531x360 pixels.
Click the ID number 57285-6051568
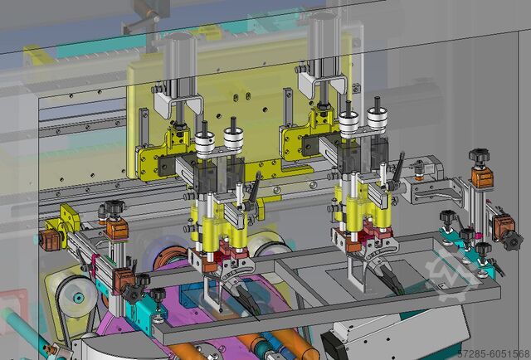click(x=494, y=354)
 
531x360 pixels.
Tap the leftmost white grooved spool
click(x=205, y=144)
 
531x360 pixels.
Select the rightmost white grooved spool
click(x=378, y=119)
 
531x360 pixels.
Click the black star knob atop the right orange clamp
click(x=480, y=156)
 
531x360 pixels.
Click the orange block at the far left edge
click(x=50, y=240)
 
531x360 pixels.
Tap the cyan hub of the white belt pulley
click(x=78, y=298)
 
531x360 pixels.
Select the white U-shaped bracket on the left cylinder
click(x=178, y=104)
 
